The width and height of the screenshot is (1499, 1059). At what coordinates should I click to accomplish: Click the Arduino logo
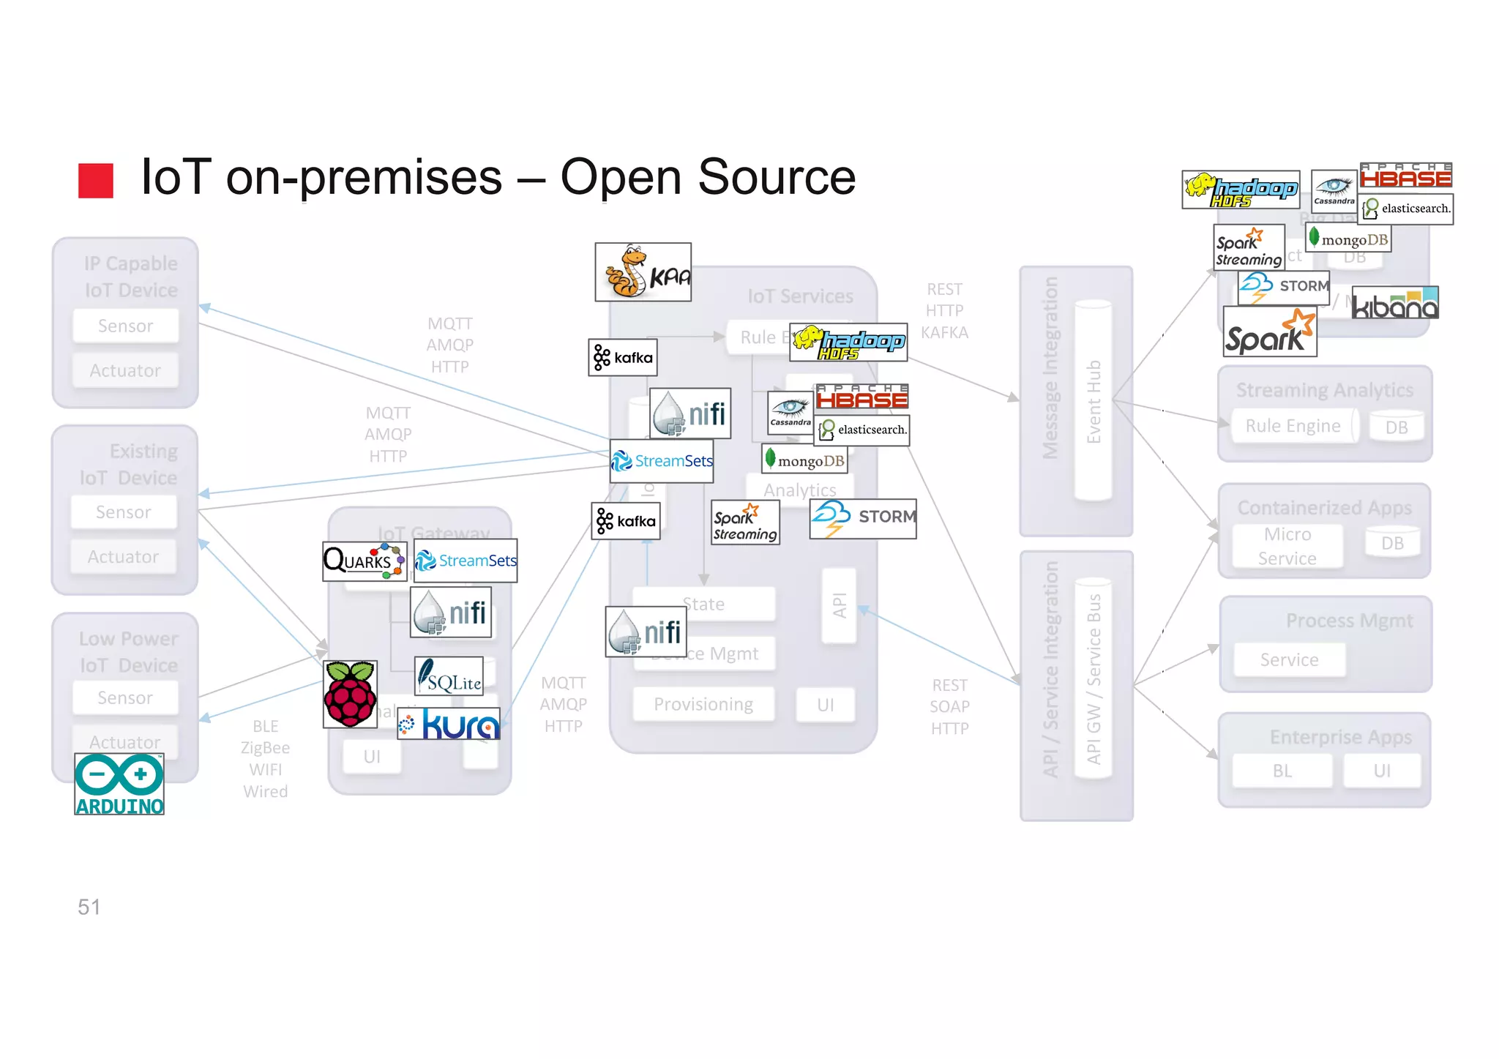[119, 784]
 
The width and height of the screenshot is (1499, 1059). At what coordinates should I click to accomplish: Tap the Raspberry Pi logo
[350, 694]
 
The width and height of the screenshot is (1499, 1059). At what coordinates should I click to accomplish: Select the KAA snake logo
[643, 272]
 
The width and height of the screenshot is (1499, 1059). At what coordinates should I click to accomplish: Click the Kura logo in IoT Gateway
[449, 725]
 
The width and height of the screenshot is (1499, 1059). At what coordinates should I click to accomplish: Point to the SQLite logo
[449, 676]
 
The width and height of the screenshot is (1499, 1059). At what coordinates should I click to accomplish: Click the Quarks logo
[365, 561]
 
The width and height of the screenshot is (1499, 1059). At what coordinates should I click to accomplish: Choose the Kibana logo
[1394, 303]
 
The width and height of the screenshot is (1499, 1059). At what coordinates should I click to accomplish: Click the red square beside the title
[96, 180]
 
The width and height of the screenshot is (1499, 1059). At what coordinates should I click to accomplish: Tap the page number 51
[89, 907]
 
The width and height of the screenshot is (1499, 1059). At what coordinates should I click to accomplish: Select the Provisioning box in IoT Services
[703, 704]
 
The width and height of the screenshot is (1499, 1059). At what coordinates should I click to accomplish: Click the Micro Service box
[1287, 546]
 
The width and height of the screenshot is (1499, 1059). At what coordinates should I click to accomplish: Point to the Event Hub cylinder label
[1094, 401]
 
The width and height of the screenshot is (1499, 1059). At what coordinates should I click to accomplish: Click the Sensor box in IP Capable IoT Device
[125, 326]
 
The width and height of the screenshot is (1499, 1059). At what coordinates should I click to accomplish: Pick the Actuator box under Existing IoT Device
[123, 557]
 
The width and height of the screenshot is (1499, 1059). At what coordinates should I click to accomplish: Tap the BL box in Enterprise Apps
[1282, 771]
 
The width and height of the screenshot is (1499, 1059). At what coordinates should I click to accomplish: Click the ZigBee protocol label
[265, 748]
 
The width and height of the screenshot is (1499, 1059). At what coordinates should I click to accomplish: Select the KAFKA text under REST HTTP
[944, 332]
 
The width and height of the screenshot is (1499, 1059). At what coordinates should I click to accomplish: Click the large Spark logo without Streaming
[1269, 332]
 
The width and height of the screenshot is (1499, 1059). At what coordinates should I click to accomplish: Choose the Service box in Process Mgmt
[1289, 659]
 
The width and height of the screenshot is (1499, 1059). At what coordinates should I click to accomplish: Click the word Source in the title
[776, 177]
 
